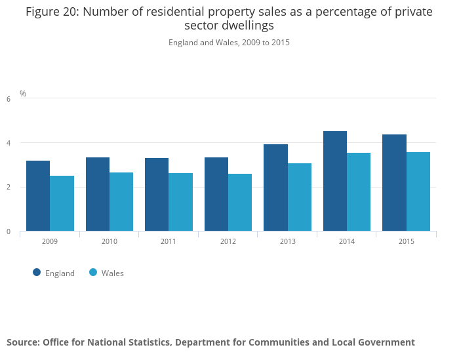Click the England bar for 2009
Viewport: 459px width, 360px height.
(38, 195)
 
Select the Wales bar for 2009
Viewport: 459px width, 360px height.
(62, 203)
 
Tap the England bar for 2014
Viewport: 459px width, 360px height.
(335, 181)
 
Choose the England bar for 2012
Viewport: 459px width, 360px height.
(216, 194)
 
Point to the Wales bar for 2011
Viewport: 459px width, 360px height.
(180, 202)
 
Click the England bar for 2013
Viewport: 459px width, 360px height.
(275, 188)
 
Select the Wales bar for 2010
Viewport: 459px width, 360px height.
(121, 201)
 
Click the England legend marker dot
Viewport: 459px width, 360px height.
(37, 273)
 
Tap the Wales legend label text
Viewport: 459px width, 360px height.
(113, 273)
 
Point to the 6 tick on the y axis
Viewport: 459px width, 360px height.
(9, 99)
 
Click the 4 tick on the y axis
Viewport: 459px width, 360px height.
(9, 143)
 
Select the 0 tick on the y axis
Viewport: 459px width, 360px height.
(9, 231)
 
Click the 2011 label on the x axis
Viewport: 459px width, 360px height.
(169, 242)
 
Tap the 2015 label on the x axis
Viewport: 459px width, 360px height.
(406, 242)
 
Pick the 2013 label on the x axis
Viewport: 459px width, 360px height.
(287, 242)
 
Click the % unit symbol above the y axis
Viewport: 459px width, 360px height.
(23, 94)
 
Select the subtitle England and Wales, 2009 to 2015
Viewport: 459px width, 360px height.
(229, 43)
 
